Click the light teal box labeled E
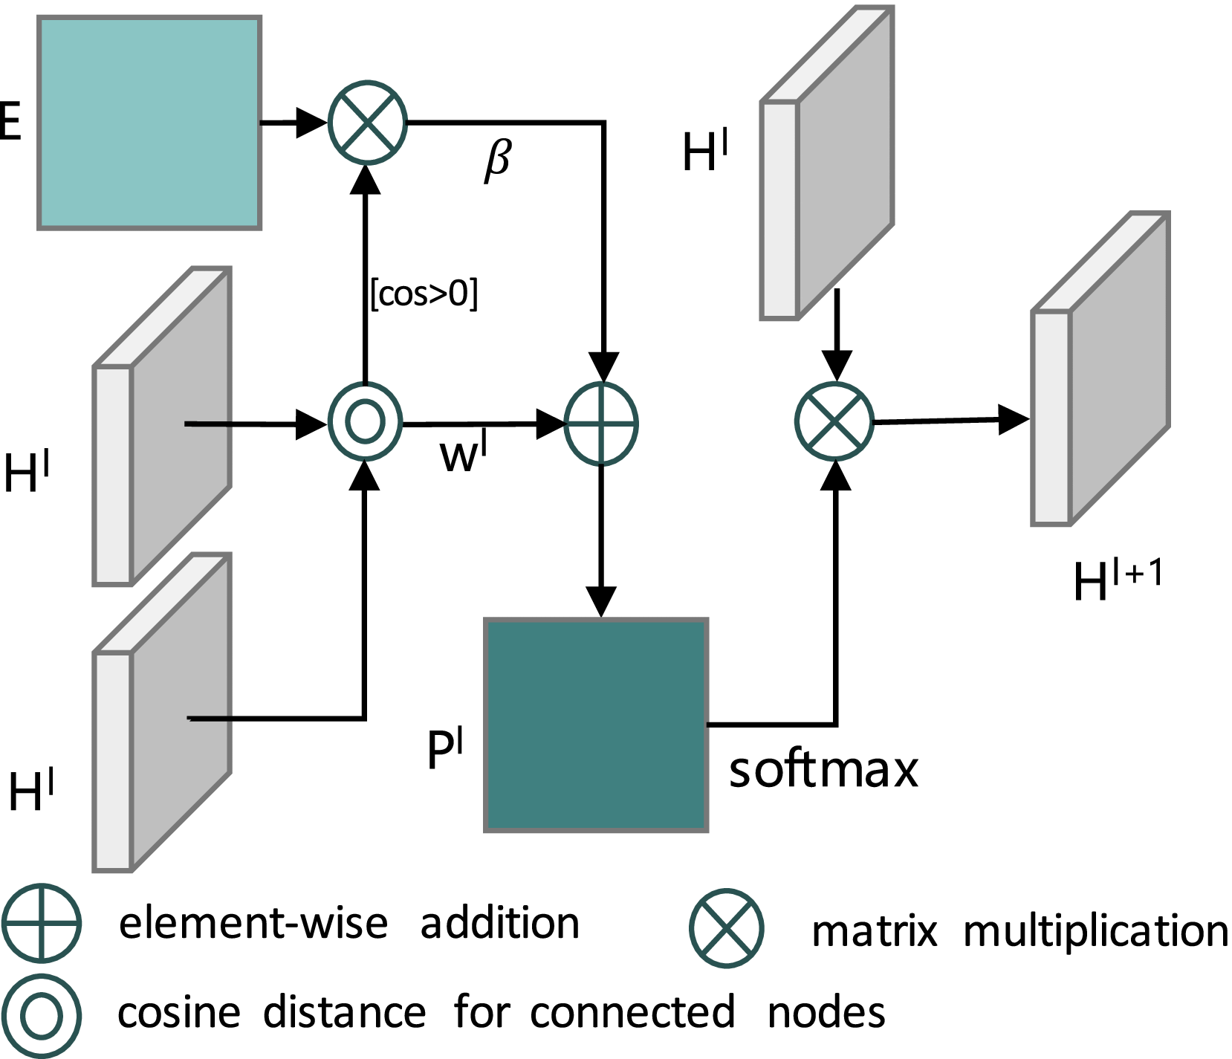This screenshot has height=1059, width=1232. point(149,123)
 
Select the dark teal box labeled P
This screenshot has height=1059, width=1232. point(595,725)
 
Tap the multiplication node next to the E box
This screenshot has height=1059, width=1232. point(367,123)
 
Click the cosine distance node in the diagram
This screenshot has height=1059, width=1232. point(366,423)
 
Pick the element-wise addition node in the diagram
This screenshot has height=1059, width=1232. point(601,424)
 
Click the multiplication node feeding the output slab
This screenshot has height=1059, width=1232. point(834,422)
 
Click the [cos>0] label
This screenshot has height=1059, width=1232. point(424,294)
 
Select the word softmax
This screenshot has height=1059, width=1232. point(823,770)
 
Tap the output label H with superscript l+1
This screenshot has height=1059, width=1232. point(1118,581)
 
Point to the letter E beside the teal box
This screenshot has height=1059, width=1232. point(9,121)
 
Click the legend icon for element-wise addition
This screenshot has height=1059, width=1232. point(41,922)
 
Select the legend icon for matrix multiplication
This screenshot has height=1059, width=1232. point(726,928)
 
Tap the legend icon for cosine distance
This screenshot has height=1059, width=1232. point(41,1015)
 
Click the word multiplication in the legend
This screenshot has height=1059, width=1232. point(1095,930)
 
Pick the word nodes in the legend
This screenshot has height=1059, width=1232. point(826,1013)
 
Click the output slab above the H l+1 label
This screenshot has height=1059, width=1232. point(1100,369)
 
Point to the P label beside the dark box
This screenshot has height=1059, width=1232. point(444,749)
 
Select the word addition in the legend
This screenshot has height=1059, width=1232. point(499,924)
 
